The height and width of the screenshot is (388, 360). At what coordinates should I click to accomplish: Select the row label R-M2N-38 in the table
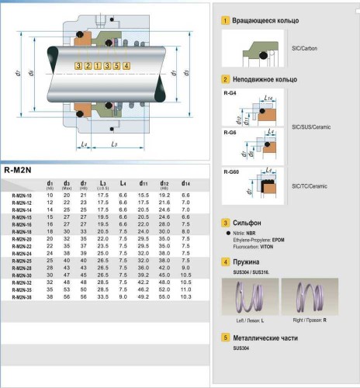click(22, 296)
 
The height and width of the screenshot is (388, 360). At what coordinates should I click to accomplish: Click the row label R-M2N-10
click(22, 195)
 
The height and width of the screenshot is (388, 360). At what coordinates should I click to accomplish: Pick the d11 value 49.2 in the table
click(143, 296)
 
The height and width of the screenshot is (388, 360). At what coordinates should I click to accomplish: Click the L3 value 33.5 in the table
click(102, 296)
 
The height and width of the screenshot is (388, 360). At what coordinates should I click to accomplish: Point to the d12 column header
click(164, 183)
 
